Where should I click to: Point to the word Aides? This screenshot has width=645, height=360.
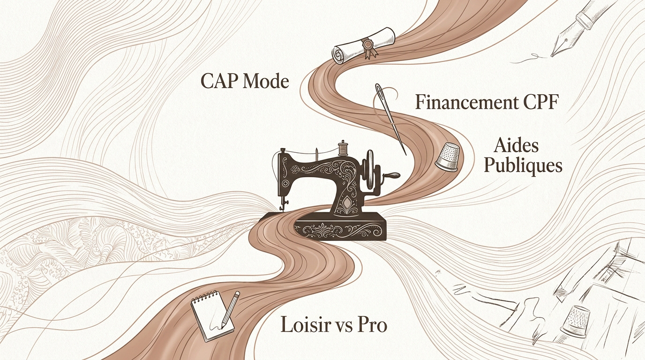tap(516, 146)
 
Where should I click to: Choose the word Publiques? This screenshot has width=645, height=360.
tap(523, 166)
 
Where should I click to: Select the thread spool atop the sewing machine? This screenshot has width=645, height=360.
tap(342, 148)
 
